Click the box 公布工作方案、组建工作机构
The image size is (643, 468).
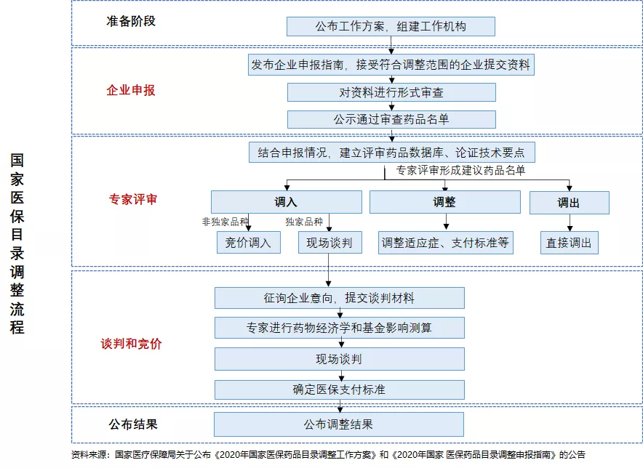[391, 27]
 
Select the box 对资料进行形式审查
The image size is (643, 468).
[391, 92]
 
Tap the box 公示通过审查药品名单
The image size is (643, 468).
[391, 119]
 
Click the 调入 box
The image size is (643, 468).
[287, 202]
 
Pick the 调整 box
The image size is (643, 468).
[445, 202]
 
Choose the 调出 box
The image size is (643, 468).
[570, 203]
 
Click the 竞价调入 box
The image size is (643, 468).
[249, 243]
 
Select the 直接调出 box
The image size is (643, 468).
[570, 243]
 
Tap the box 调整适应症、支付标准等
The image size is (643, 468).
[445, 243]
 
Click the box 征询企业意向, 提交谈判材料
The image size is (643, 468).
[340, 298]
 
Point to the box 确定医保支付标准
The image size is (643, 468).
[340, 390]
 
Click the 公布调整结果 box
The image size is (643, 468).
[339, 424]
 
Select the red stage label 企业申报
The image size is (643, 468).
[131, 90]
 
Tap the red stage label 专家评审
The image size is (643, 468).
[133, 199]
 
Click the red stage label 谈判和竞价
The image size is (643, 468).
[131, 344]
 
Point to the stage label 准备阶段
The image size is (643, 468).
[131, 21]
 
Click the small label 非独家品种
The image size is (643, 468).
[225, 222]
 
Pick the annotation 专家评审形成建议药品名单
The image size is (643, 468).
[460, 171]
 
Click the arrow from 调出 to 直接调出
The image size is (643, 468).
[570, 222]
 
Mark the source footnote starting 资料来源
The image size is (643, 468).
[328, 454]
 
